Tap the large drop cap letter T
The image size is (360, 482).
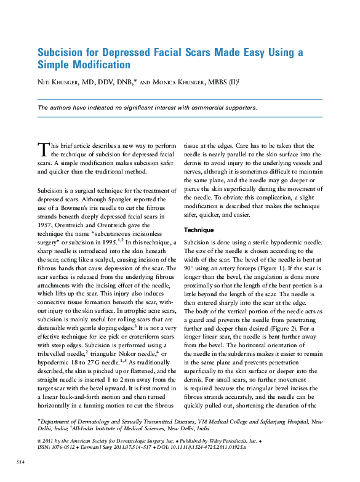tap(42, 149)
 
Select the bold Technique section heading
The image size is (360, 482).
tap(199, 230)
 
